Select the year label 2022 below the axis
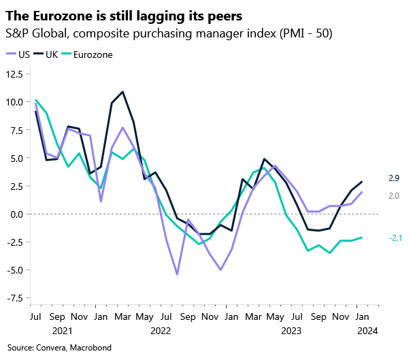coord(161,331)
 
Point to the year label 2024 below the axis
coord(368,331)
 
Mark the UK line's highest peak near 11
coord(122,92)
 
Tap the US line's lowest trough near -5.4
coord(177,274)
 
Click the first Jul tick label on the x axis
coord(35,317)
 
